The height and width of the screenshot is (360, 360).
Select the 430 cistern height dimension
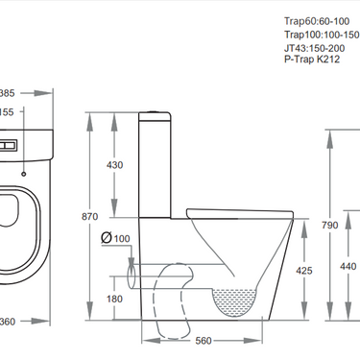click(x=115, y=165)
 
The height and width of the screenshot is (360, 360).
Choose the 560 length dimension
click(x=202, y=340)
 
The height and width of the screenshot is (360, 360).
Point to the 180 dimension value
click(x=115, y=299)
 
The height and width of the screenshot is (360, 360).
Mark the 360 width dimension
click(x=8, y=321)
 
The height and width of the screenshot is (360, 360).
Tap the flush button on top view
click(x=11, y=147)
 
